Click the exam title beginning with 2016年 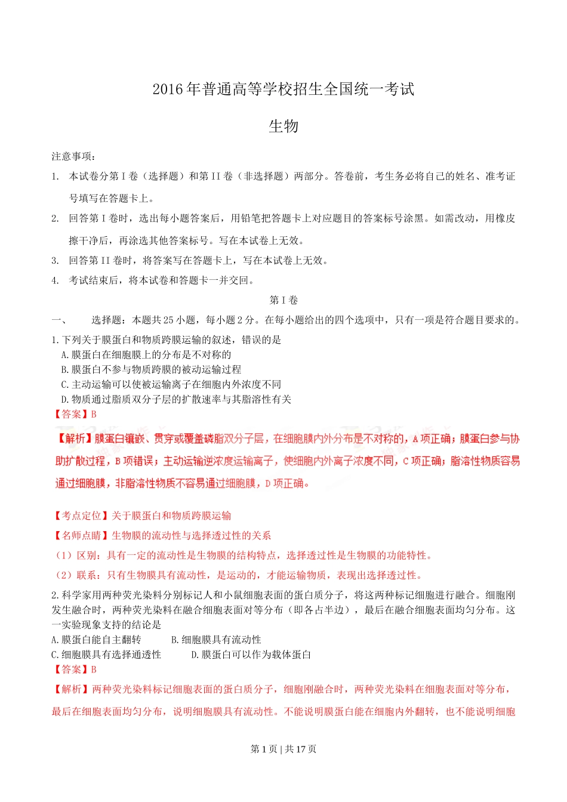[x=283, y=90]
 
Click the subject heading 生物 [x=283, y=127]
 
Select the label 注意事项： [x=73, y=156]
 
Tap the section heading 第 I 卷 [x=283, y=300]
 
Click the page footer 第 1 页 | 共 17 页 [x=283, y=749]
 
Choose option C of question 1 [x=171, y=384]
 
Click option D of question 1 [x=176, y=399]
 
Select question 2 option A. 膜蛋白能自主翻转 [x=97, y=640]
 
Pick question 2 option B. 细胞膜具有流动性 [x=216, y=640]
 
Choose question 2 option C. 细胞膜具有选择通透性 [x=106, y=655]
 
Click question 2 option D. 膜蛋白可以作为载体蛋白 [x=251, y=655]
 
